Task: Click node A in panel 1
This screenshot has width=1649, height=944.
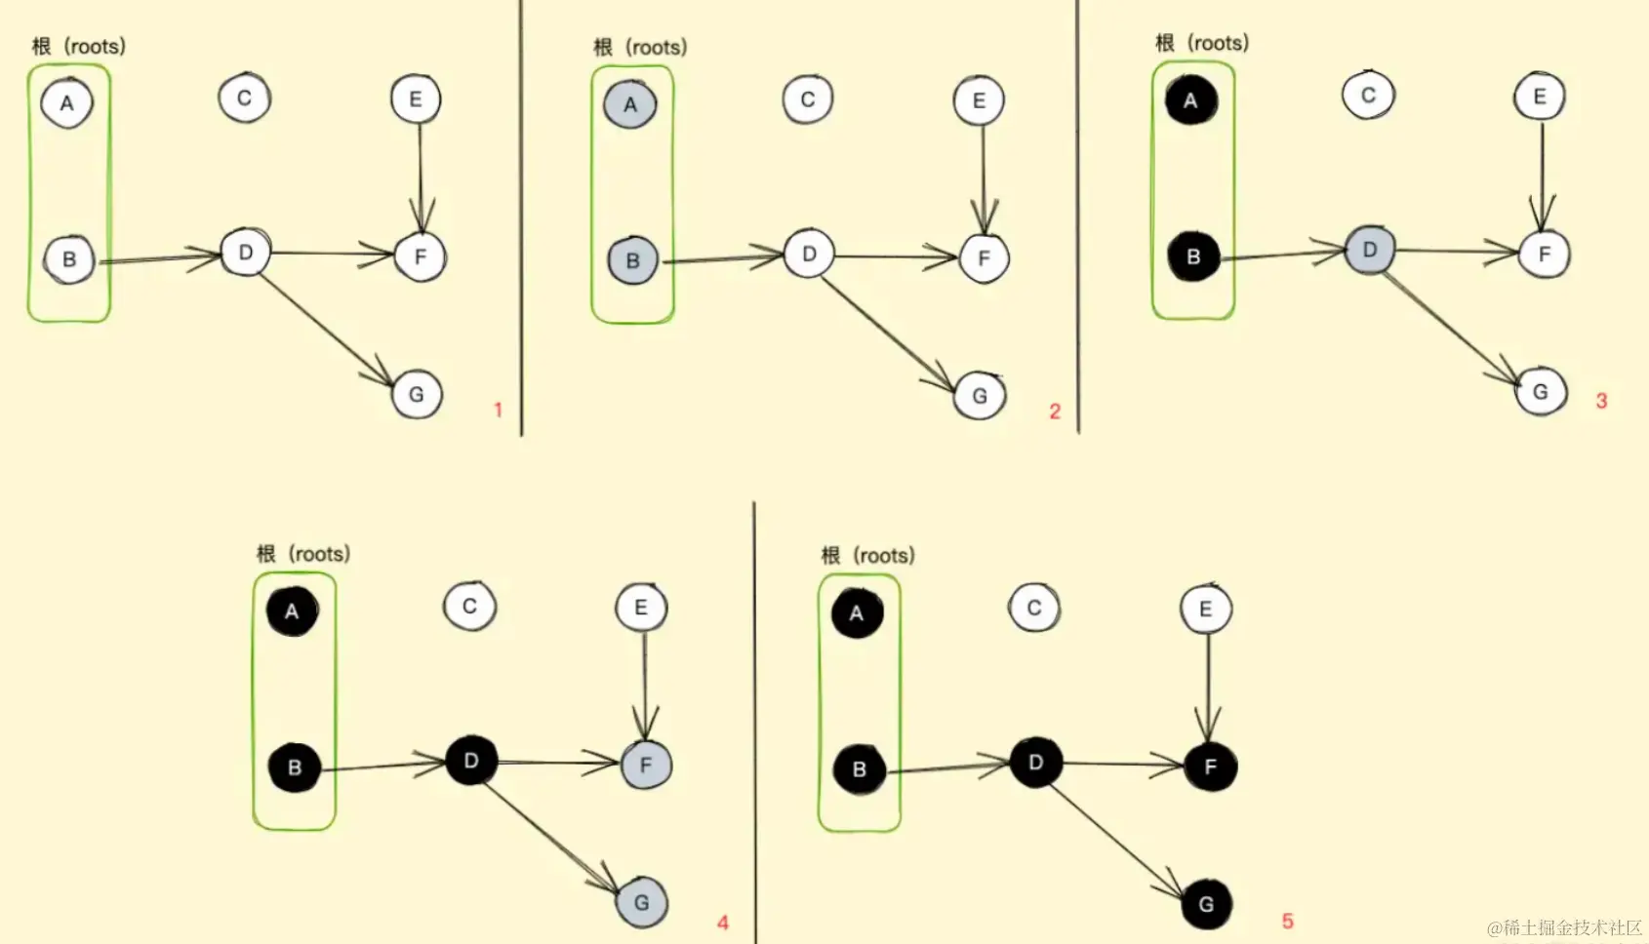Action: [66, 103]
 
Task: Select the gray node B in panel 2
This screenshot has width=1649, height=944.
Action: [632, 260]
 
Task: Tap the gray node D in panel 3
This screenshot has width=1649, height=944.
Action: [1369, 251]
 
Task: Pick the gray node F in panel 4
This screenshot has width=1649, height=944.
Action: [645, 765]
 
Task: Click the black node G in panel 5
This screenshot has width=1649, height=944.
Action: [1206, 904]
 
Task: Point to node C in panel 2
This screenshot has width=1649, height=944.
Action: [807, 99]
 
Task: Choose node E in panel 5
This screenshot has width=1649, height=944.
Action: [1205, 609]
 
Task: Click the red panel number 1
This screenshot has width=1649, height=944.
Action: [498, 411]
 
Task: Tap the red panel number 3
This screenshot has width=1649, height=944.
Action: [1601, 401]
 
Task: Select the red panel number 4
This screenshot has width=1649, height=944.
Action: [723, 923]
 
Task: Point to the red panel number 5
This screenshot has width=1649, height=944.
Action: [1287, 922]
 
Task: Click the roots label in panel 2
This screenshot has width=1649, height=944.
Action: [640, 47]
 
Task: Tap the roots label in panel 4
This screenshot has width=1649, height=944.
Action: [303, 554]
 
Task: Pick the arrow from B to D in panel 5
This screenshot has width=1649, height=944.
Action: [946, 767]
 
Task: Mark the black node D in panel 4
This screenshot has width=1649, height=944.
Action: [471, 761]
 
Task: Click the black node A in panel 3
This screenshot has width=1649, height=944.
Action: [1190, 99]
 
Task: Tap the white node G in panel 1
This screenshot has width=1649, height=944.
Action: [417, 395]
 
